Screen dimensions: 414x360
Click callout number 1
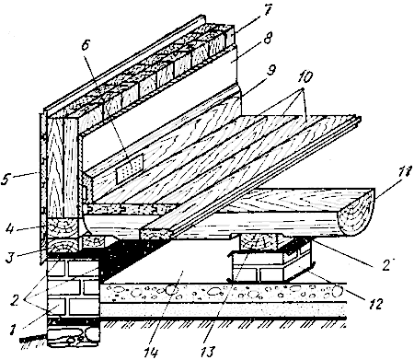[12, 330]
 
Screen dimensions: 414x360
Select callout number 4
[10, 227]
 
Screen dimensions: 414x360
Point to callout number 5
[6, 179]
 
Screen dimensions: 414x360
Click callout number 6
[86, 45]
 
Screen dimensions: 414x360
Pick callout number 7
[267, 11]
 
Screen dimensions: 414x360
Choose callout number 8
[268, 38]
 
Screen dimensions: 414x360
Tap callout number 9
[270, 69]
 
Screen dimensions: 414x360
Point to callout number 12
[376, 305]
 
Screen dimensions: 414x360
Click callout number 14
[153, 352]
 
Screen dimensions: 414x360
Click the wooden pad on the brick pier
[259, 242]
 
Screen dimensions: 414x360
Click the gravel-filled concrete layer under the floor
[224, 292]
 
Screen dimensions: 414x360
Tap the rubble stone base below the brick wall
[74, 335]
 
